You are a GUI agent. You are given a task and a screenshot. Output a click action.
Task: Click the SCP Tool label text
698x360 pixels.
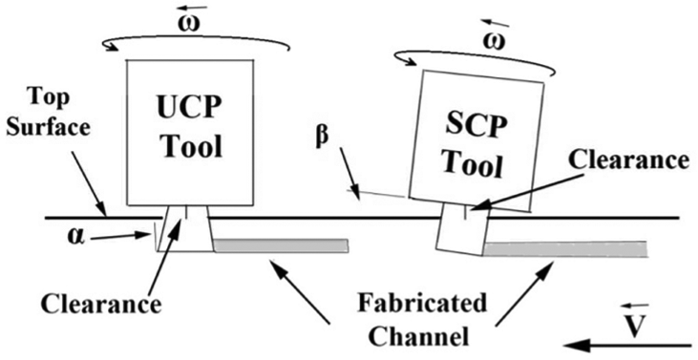click(x=476, y=147)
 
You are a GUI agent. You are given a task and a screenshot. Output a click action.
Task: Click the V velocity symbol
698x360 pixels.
click(x=632, y=327)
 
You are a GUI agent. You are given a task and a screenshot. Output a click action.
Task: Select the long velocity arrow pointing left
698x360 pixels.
click(x=626, y=346)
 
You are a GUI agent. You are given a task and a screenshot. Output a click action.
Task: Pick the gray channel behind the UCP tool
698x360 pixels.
click(x=281, y=245)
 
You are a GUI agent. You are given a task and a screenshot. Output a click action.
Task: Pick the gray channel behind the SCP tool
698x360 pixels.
click(x=565, y=248)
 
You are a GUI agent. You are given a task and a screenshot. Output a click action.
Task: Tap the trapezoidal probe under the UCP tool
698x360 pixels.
click(x=186, y=229)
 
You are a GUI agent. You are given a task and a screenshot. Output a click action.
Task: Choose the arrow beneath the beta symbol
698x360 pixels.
click(x=349, y=174)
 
